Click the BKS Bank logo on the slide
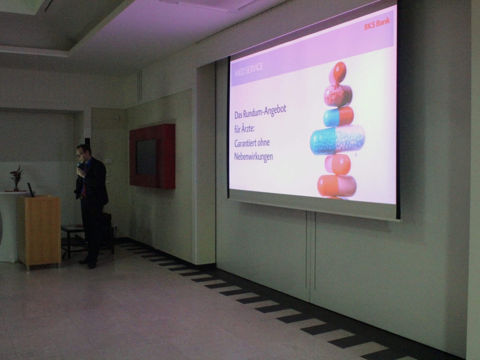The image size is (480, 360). coord(377,24)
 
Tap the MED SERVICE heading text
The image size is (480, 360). coord(249,69)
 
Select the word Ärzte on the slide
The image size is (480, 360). coord(248,129)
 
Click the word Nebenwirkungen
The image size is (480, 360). coord(253,157)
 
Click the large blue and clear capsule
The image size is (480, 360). coord(337,140)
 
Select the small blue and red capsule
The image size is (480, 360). coord(338,117)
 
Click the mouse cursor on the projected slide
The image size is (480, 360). coord(356,154)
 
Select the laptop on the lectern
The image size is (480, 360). coord(31,190)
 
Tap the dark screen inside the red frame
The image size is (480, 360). coord(146,157)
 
